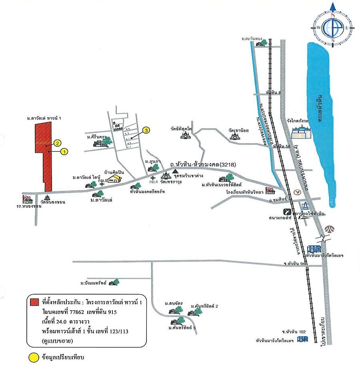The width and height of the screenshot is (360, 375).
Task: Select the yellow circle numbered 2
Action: (58, 143)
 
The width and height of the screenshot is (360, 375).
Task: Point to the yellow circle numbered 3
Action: (146, 130)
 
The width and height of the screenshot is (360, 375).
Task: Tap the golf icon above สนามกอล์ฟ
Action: (288, 212)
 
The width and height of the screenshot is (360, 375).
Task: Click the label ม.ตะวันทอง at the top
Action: (251, 39)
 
